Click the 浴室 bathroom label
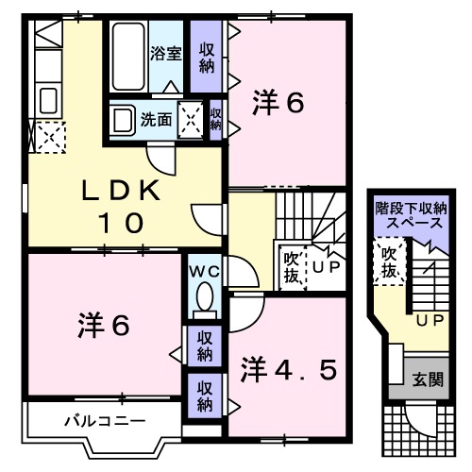[x=166, y=54]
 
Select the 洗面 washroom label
[x=157, y=120]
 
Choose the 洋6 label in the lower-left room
[x=102, y=325]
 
